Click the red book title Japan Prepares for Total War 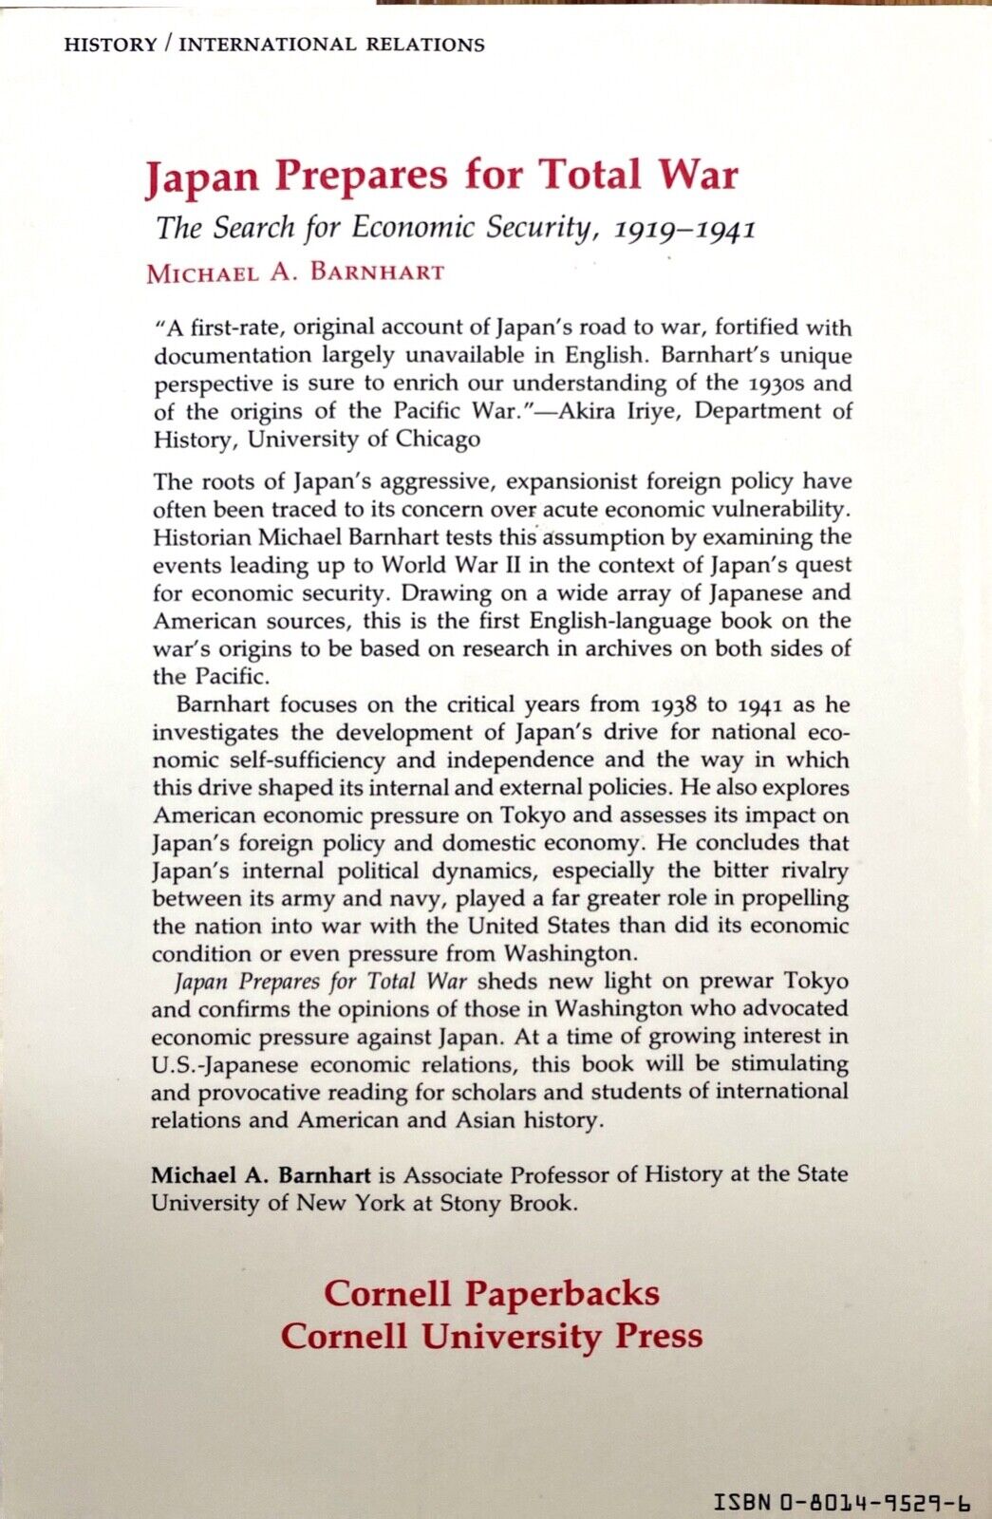coord(441,177)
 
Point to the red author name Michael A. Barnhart coord(295,273)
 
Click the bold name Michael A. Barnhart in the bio coord(261,1174)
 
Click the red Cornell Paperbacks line coord(492,1293)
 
